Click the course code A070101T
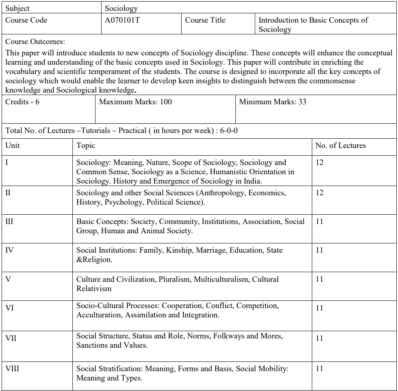122,20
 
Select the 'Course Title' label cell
205,20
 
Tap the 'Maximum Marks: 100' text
135,102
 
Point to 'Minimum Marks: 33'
273,102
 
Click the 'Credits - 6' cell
22,102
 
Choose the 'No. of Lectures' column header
340,146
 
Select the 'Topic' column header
86,146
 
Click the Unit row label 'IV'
9,250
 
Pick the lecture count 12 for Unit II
320,193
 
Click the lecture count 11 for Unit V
320,279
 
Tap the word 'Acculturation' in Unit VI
99,315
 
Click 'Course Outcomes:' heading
35,42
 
